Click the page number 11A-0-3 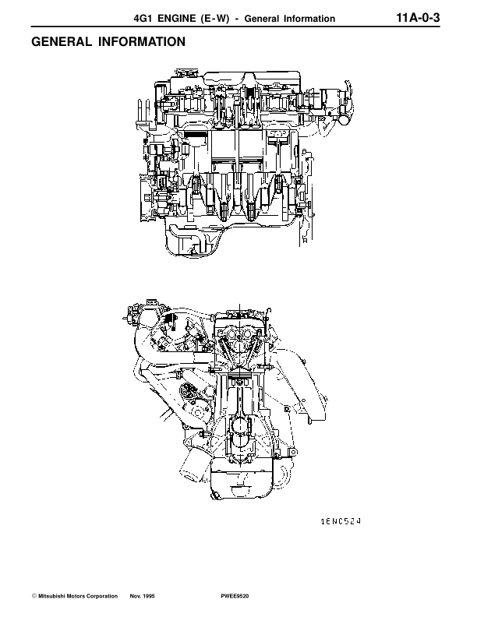418,18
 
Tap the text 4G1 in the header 143,19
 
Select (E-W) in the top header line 215,19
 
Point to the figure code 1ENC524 341,521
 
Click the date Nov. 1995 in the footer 142,596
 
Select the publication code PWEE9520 235,596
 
